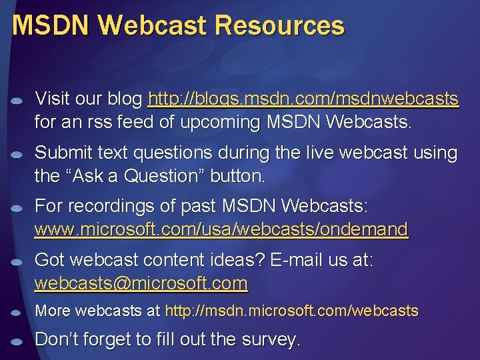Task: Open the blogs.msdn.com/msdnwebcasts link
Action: pos(303,100)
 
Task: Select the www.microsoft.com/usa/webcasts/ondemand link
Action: pos(221,230)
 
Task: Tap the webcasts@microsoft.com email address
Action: pos(141,283)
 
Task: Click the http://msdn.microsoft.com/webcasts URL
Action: pos(291,311)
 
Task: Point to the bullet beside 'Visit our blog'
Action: pos(18,101)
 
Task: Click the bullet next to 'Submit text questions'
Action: pos(18,154)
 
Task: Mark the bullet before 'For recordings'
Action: pos(18,208)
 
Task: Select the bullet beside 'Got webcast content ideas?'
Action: pos(18,261)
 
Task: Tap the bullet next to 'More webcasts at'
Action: pos(18,312)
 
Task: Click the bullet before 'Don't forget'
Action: pos(18,341)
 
